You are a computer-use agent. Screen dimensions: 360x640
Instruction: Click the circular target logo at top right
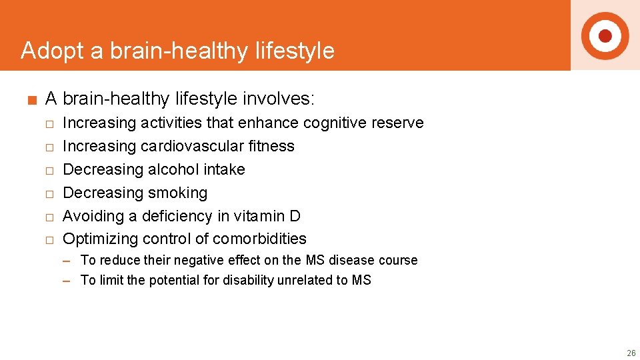tap(605, 35)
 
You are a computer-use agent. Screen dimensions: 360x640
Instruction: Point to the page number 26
tap(631, 353)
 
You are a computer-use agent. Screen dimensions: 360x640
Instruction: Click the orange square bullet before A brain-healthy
tap(31, 101)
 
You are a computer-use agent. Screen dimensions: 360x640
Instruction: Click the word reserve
tap(397, 123)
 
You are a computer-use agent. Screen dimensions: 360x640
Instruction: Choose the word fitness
tap(273, 146)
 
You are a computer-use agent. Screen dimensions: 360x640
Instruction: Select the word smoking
tap(177, 193)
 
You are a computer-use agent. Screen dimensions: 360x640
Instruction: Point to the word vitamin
tap(258, 216)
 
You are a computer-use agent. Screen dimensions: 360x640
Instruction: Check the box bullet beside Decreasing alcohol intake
tap(49, 171)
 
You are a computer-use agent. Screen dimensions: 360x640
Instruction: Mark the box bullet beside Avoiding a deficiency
tap(49, 217)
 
